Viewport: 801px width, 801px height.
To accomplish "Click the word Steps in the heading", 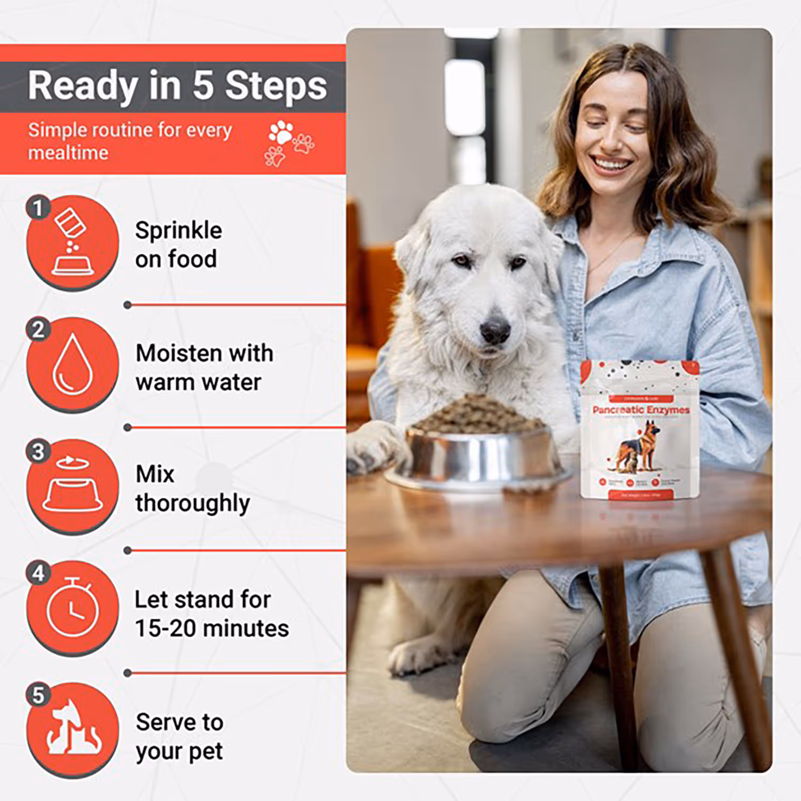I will click(x=276, y=87).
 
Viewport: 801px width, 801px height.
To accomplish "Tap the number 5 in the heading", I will click(x=203, y=85).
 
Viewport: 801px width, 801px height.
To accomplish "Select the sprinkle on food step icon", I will click(x=73, y=244).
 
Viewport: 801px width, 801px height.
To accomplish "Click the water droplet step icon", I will click(x=73, y=365).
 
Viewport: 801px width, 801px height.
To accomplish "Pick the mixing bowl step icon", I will click(x=73, y=486).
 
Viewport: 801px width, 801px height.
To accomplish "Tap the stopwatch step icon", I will click(x=73, y=608).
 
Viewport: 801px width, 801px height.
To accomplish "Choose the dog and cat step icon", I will click(x=73, y=729).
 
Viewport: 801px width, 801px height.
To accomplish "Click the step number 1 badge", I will click(x=38, y=208).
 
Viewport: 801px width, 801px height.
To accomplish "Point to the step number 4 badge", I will click(x=38, y=573).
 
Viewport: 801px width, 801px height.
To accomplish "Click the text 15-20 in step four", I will click(x=165, y=629).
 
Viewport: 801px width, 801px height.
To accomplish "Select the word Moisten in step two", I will click(x=178, y=354).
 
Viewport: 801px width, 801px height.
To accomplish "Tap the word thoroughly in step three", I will click(x=192, y=504).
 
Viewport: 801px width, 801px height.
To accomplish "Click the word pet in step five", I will click(x=206, y=752).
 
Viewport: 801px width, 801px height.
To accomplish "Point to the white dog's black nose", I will click(x=495, y=331).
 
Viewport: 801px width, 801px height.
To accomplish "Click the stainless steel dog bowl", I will click(x=481, y=459).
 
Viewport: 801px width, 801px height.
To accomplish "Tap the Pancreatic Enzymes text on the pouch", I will click(x=641, y=410).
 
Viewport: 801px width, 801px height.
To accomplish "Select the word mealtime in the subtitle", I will click(x=68, y=153).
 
